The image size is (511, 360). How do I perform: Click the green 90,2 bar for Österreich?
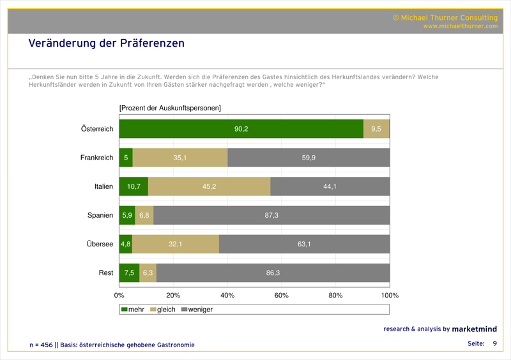tap(241, 129)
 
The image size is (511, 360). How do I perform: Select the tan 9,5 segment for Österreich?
tap(376, 129)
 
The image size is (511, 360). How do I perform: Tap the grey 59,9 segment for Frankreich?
tap(309, 158)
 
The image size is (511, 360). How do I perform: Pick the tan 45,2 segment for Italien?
tap(209, 186)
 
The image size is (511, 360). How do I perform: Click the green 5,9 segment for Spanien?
tap(127, 215)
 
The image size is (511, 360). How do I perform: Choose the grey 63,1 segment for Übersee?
tap(304, 244)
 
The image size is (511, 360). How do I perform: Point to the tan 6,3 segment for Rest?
tap(148, 273)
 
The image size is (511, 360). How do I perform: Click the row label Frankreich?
tap(96, 158)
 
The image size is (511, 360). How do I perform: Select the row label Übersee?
tap(100, 244)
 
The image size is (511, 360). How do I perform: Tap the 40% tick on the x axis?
tap(227, 296)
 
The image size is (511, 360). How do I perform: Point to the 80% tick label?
tap(335, 296)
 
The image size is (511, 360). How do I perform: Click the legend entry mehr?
tap(133, 310)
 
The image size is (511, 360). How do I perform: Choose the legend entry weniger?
tap(197, 310)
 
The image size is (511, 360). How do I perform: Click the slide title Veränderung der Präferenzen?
tap(106, 43)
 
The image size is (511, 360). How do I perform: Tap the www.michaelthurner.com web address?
tap(460, 26)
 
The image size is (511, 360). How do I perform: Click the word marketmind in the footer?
tap(474, 329)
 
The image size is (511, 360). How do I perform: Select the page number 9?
tap(494, 344)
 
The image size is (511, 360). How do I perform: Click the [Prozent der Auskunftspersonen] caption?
tap(170, 108)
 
